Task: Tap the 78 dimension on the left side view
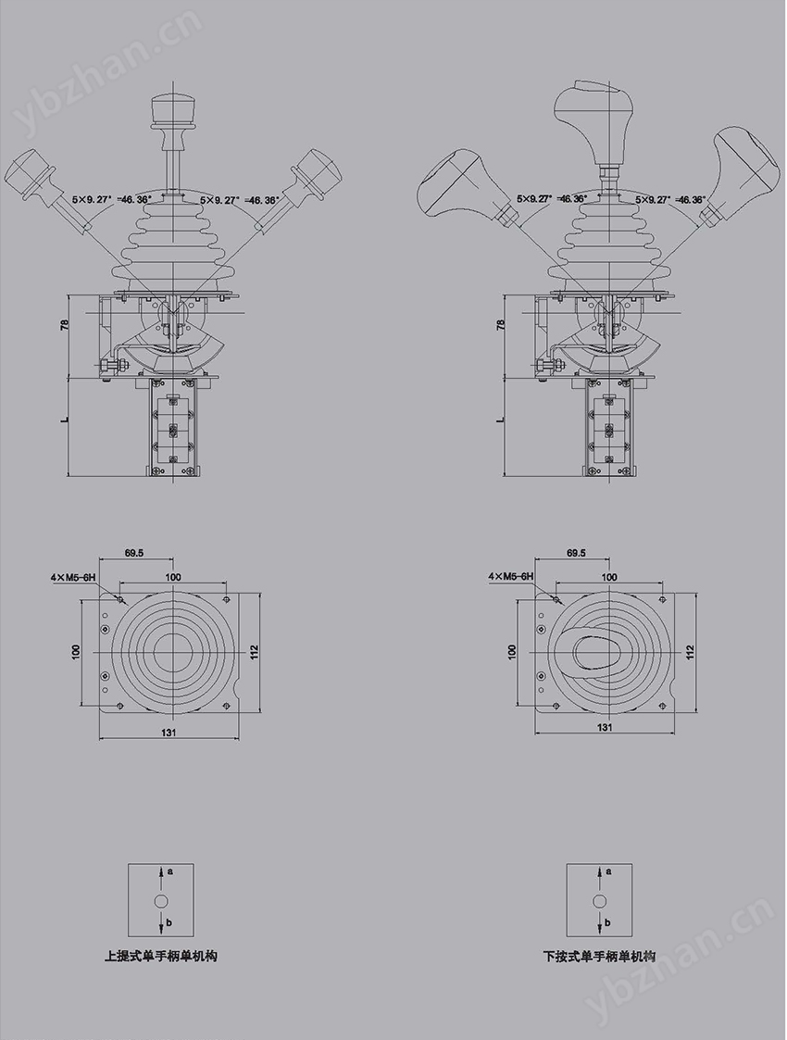[65, 326]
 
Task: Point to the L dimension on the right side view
[501, 419]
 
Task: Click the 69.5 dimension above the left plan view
[134, 553]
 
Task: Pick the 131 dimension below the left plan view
[169, 733]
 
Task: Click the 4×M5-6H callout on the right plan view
[510, 577]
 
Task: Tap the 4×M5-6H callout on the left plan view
[73, 578]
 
